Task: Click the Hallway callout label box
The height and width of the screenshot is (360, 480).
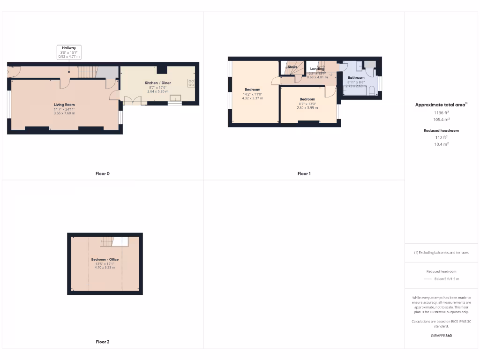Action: (69, 52)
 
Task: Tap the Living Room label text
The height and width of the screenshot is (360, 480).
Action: (64, 105)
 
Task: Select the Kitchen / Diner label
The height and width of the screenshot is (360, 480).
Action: (157, 83)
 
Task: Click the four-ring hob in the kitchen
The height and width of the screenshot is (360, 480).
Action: (191, 83)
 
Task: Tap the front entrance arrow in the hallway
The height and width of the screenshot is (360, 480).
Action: (8, 72)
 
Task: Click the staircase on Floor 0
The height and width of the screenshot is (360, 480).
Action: (87, 72)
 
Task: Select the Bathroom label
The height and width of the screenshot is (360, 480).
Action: (356, 77)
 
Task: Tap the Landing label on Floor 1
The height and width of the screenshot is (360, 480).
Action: (317, 69)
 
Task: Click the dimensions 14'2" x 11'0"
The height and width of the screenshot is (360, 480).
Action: (252, 94)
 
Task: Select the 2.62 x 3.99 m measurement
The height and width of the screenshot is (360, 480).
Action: (307, 108)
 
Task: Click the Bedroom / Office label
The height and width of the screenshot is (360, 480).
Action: (105, 259)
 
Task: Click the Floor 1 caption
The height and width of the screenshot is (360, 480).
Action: (304, 173)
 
